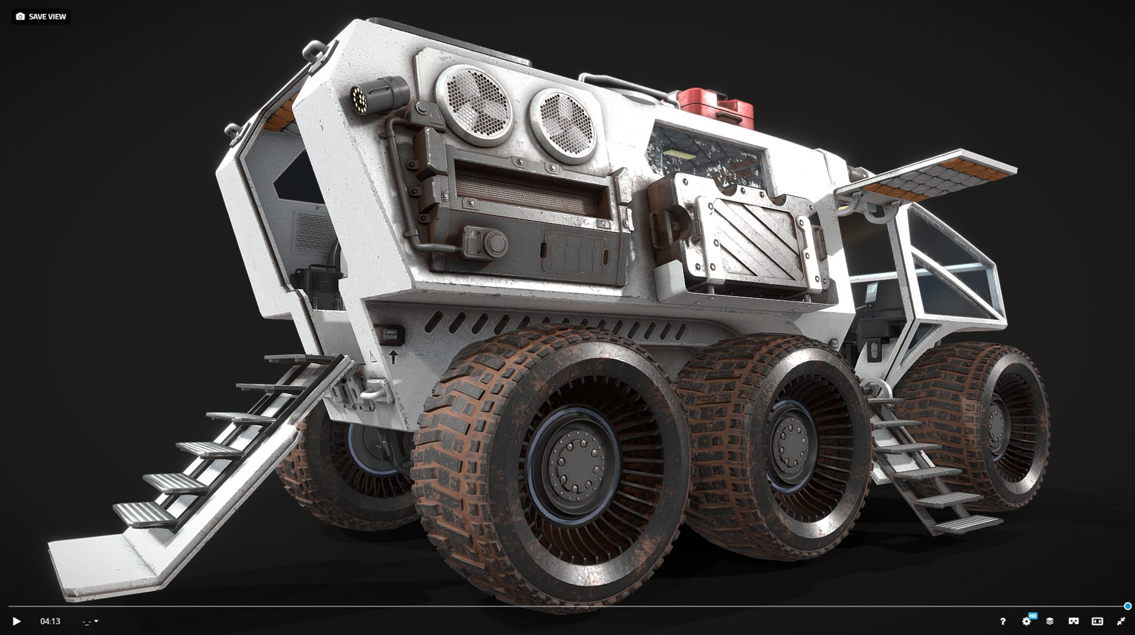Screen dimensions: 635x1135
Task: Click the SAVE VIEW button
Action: (x=41, y=17)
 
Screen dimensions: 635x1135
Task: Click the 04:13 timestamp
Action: (x=50, y=621)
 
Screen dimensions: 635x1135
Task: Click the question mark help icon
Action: (x=1003, y=621)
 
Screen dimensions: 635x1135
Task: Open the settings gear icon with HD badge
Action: (x=1027, y=621)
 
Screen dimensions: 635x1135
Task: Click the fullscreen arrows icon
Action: (x=1121, y=621)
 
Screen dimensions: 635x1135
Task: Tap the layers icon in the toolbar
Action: (x=1050, y=621)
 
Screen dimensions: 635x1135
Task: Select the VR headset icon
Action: (x=1073, y=621)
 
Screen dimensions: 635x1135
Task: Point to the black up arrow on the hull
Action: (x=393, y=357)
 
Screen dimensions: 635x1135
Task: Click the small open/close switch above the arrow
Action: (x=390, y=335)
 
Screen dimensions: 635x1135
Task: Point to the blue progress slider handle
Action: (x=1127, y=606)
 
